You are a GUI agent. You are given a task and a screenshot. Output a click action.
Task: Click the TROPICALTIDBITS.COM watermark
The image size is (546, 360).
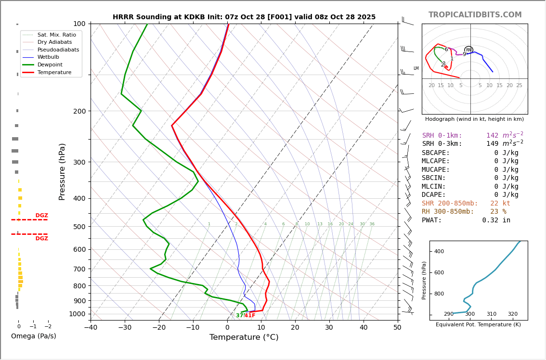coord(475,15)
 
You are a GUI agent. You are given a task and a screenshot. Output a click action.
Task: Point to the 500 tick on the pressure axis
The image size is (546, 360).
coord(79,227)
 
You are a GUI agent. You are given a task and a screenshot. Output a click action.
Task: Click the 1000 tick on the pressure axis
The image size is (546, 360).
coord(77,314)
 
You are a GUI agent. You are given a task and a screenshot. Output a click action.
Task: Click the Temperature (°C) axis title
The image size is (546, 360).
coord(244,338)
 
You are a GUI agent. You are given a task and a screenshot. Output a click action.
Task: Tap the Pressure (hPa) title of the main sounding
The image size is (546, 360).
coord(62,171)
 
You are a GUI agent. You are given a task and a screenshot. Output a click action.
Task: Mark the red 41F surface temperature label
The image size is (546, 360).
coord(250,316)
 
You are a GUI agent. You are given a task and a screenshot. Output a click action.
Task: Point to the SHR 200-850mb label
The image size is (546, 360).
coord(450,204)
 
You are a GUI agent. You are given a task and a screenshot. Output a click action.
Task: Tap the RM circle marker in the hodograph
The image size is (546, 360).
coord(468,50)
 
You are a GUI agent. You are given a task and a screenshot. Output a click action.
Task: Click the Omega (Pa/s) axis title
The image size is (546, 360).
coord(33,336)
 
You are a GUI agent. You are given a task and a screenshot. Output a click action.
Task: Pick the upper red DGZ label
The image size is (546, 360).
coord(41,216)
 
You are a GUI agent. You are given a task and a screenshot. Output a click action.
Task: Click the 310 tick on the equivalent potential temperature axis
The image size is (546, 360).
coord(491,314)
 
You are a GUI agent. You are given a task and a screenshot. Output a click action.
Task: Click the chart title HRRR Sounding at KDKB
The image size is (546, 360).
coord(244,17)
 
